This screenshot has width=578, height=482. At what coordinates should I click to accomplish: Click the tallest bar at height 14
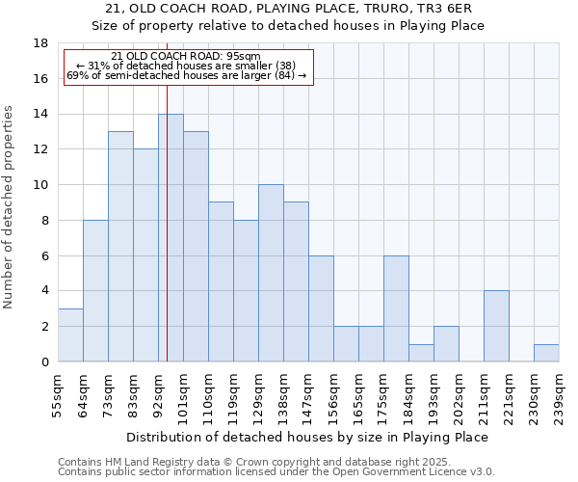coord(171,238)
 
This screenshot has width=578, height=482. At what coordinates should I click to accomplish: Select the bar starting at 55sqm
coord(70,335)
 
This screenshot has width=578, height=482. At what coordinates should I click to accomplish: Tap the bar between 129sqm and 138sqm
coord(271,273)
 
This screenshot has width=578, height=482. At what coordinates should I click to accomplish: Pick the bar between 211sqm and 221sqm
coord(496,326)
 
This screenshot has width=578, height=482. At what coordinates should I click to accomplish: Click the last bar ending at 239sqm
coord(546,353)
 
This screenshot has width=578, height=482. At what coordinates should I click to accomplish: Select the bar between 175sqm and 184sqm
coord(396,308)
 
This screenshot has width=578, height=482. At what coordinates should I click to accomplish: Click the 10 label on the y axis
coord(40,185)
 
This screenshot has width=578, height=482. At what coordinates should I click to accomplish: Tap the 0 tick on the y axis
coord(44,362)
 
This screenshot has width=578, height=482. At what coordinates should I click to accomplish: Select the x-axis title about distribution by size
coord(307,437)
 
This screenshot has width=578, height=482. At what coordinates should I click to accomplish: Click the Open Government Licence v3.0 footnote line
coord(276,472)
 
